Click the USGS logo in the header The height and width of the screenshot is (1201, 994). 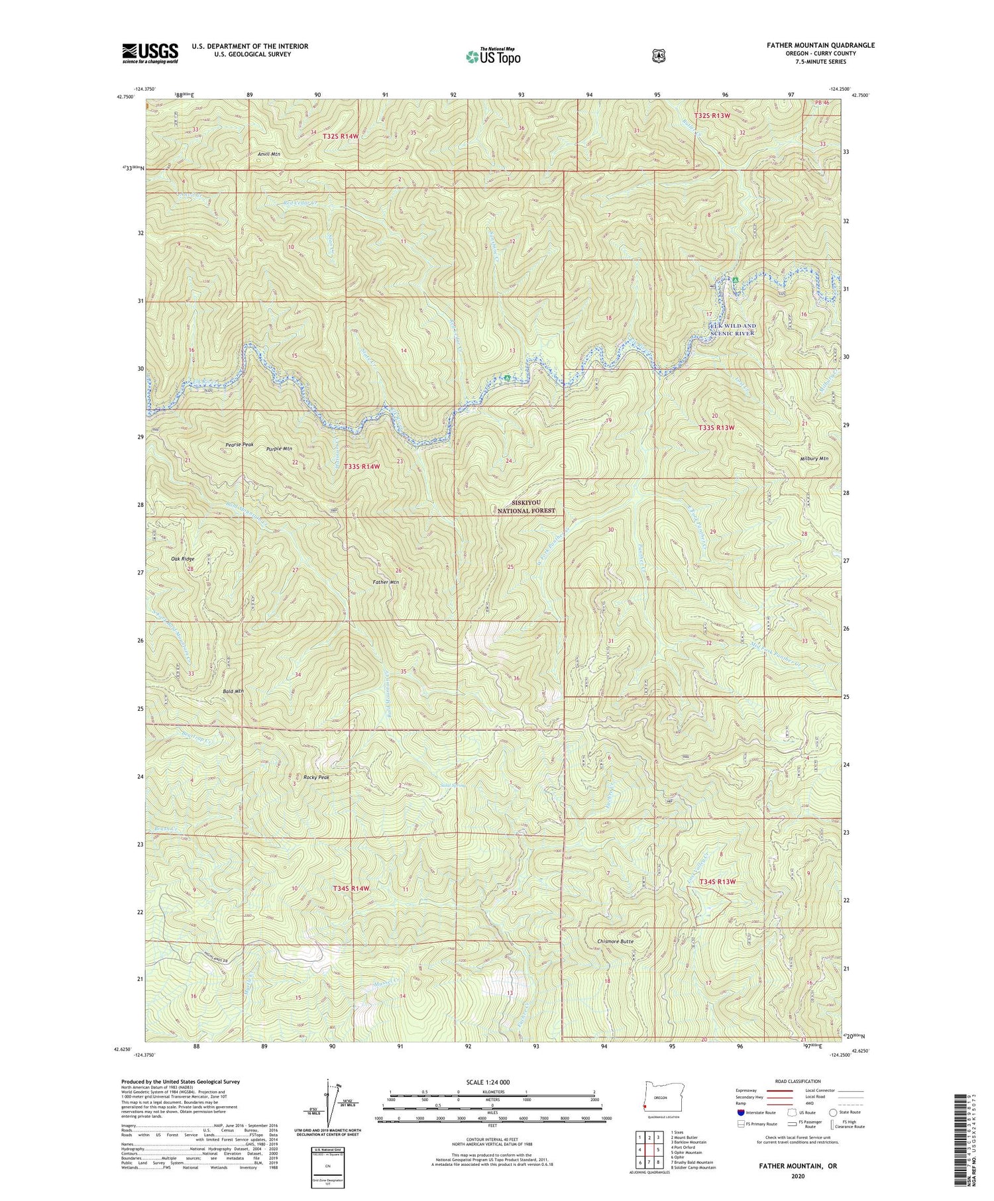(150, 53)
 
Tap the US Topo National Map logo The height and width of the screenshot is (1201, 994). (494, 56)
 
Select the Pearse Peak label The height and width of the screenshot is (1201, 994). (239, 444)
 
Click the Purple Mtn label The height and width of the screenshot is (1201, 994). (279, 448)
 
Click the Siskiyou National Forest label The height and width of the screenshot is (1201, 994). (526, 507)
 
